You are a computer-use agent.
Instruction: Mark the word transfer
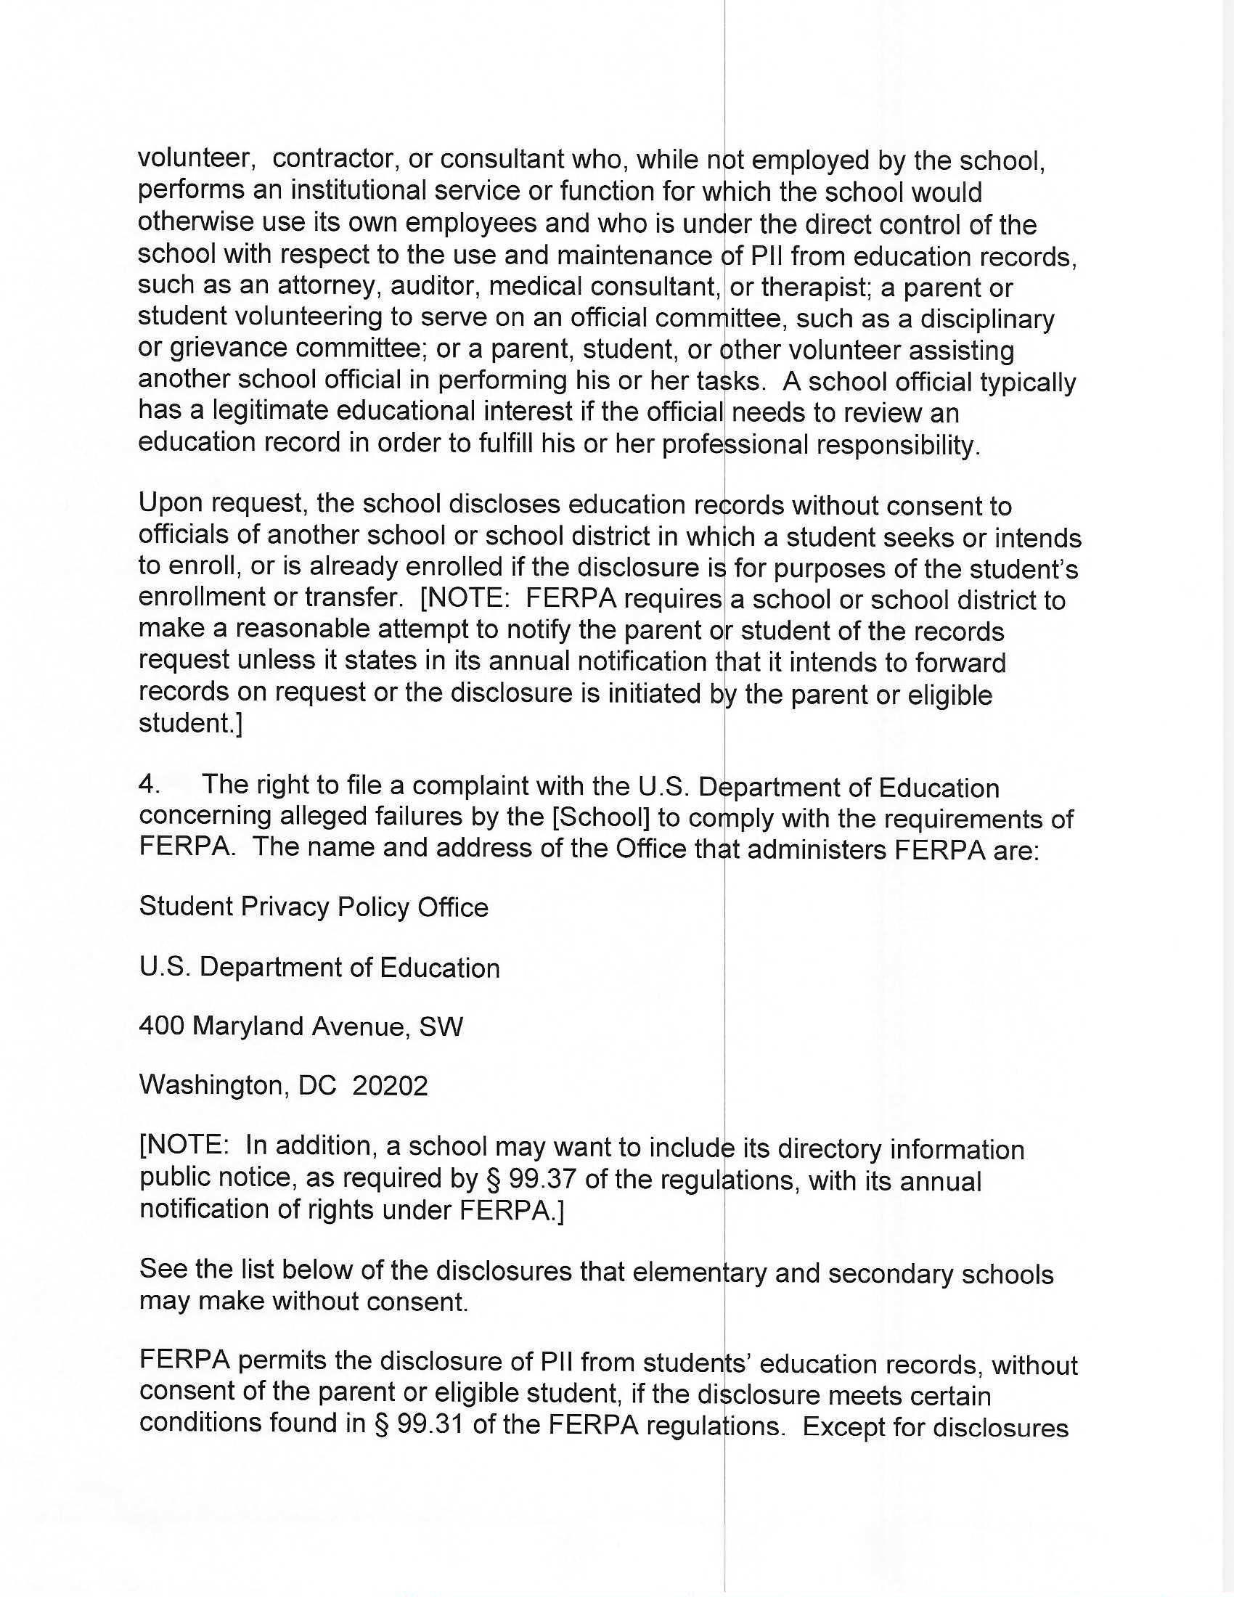(354, 597)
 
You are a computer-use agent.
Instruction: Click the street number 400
(162, 1026)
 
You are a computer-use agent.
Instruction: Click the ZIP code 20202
(390, 1086)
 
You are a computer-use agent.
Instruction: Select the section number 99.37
(540, 1180)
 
